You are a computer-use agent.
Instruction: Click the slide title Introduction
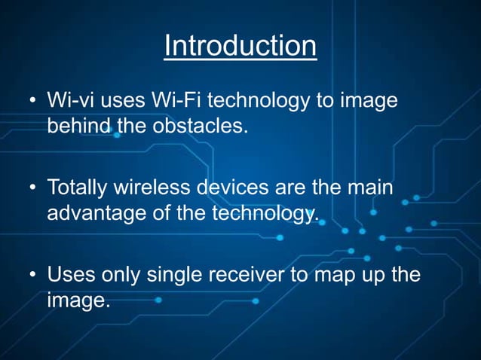pyautogui.click(x=240, y=47)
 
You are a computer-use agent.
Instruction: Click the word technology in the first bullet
pyautogui.click(x=275, y=101)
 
